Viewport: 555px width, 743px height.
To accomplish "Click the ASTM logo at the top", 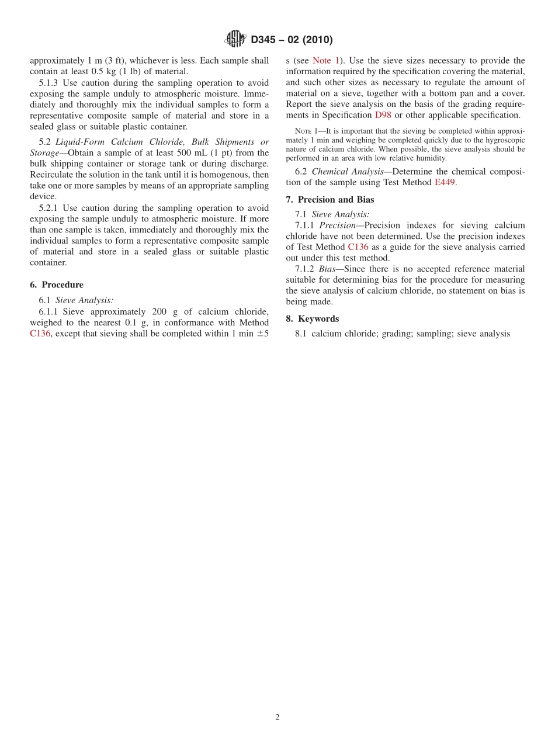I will point(235,39).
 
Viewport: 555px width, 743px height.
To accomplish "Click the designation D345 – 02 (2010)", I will point(292,40).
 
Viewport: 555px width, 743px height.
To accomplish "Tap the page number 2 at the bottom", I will point(277,718).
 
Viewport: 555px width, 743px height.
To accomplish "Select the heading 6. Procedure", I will point(57,284).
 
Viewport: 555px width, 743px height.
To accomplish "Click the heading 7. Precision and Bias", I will point(330,200).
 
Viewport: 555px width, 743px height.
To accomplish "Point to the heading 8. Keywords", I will point(313,318).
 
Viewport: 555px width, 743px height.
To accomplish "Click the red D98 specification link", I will point(383,115).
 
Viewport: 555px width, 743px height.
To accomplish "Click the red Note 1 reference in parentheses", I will point(326,60).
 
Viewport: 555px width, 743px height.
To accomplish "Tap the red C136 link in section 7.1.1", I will point(358,247).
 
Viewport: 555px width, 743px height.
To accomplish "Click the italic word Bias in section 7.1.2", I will point(327,269).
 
